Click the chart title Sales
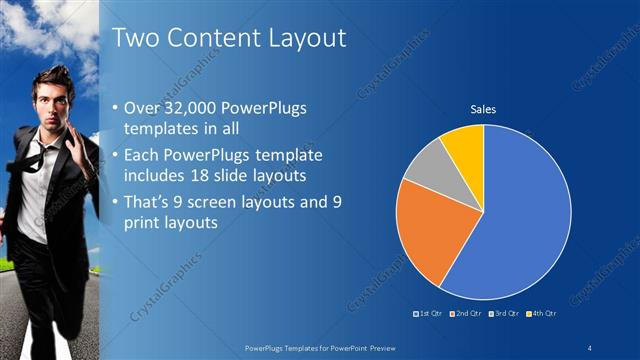coord(483,109)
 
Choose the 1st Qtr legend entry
coord(430,314)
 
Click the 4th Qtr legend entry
coord(542,314)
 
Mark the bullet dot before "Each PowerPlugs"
coord(116,155)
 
